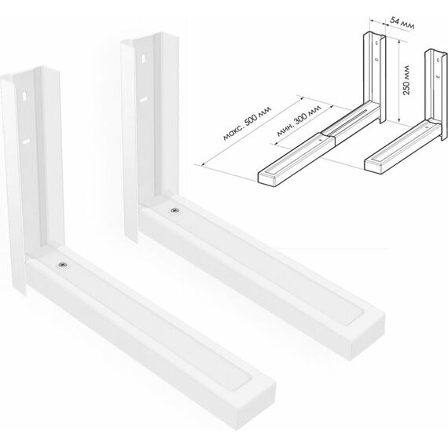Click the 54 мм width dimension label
(402, 24)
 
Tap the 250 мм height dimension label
(406, 80)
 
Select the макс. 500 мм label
(247, 123)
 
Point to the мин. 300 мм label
(299, 120)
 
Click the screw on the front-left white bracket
(63, 265)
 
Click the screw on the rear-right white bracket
(174, 211)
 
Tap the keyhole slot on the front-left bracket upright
(24, 95)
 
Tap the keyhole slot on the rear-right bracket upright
(143, 59)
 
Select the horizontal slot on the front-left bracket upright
(26, 141)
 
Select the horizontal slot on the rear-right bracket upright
(144, 100)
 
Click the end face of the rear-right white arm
(368, 337)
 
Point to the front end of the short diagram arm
(373, 167)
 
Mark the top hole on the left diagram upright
(376, 43)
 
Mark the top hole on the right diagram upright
(439, 60)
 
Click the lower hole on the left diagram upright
(376, 60)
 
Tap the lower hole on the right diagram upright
(438, 76)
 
